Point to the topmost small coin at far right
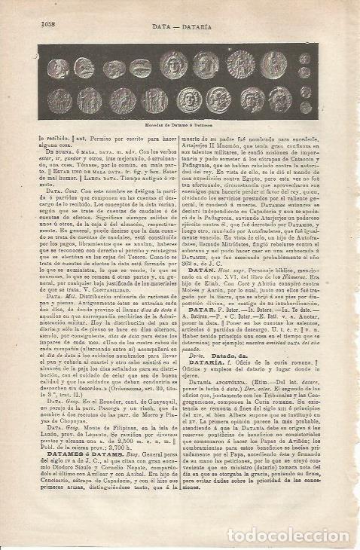click(x=304, y=58)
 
